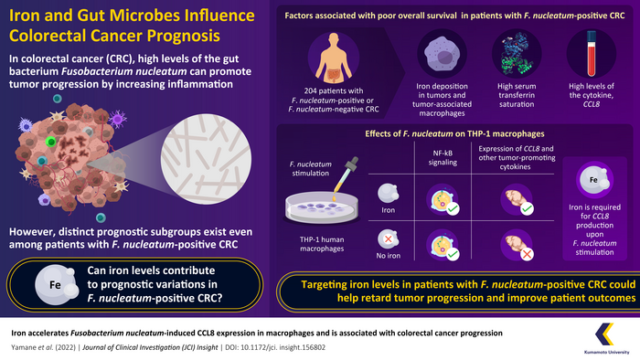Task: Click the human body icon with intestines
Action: pos(334,58)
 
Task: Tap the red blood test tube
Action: pos(591,54)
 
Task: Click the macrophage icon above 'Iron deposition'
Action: pos(442,54)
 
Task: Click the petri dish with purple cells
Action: pos(322,208)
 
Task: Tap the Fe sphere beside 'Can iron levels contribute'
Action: pos(56,284)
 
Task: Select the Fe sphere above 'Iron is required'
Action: pos(594,180)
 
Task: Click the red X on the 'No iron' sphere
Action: pos(389,238)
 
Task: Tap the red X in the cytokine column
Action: pos(527,254)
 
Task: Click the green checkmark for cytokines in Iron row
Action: pos(527,209)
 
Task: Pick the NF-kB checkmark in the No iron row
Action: pos(453,254)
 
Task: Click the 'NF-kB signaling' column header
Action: pos(443,158)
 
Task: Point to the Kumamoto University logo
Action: pos(606,338)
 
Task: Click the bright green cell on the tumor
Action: pos(50,142)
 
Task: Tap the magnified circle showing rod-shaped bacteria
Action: pos(206,159)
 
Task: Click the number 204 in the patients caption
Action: pos(311,91)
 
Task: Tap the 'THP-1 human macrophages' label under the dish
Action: pos(322,244)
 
